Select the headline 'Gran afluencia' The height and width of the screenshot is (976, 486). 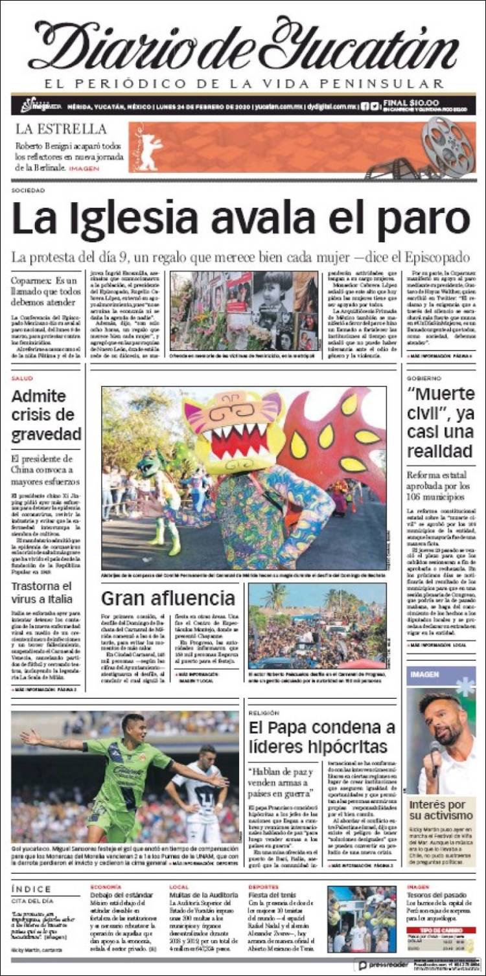click(x=168, y=597)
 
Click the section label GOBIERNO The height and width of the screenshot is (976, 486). click(x=424, y=378)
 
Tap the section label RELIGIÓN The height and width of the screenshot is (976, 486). click(x=264, y=712)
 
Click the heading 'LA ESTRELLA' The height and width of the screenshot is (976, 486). click(x=62, y=129)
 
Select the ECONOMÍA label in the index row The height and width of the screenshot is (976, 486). click(x=105, y=886)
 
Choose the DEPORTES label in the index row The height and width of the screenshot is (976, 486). click(x=265, y=886)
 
